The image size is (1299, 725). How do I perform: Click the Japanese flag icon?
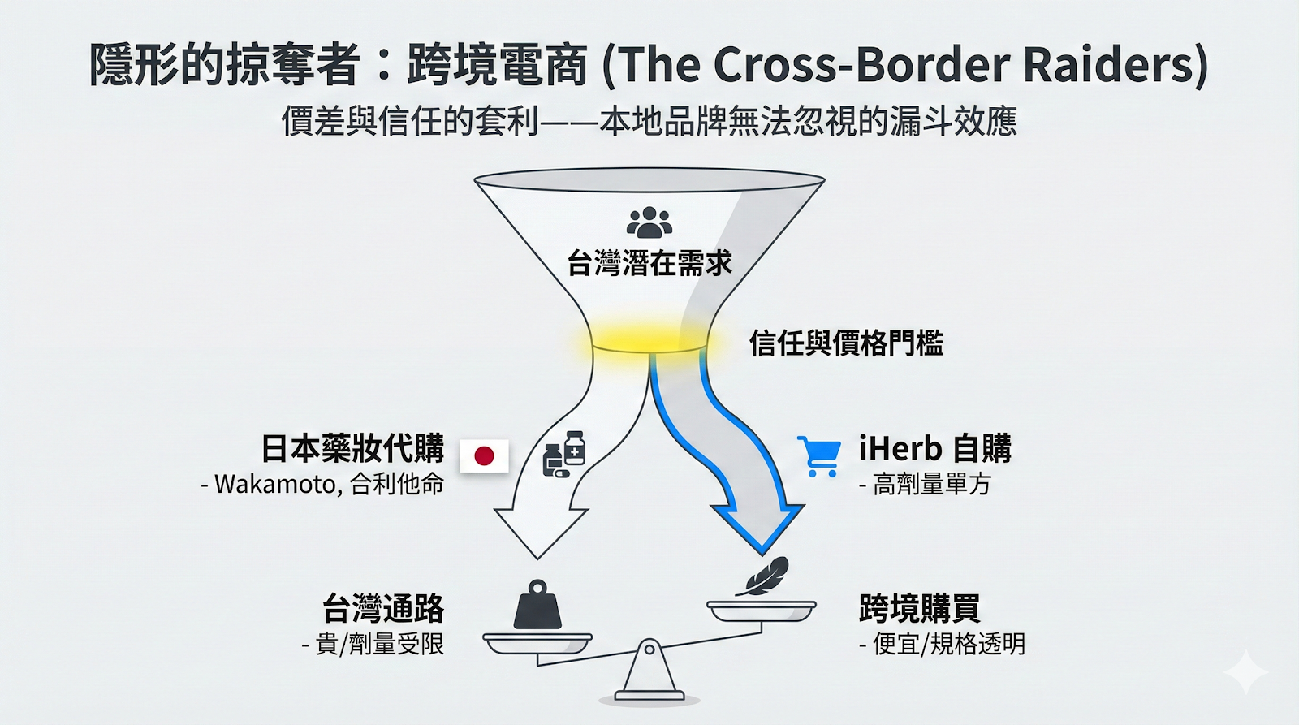(x=484, y=455)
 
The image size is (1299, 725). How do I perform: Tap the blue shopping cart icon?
(x=818, y=456)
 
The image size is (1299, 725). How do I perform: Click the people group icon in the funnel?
(x=649, y=222)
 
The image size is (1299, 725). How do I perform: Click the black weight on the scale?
(x=537, y=606)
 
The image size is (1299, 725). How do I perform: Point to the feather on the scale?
(x=762, y=576)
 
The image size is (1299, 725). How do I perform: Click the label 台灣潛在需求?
(x=649, y=263)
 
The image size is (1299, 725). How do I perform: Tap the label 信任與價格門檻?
(x=846, y=343)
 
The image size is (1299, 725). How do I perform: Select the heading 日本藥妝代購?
(x=352, y=448)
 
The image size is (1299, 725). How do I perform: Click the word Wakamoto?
(x=275, y=485)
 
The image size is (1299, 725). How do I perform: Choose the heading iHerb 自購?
(x=935, y=448)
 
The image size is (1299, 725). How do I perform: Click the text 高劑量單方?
(x=931, y=485)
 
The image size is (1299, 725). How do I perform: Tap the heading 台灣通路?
(x=383, y=608)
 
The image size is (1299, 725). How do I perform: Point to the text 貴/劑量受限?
(x=379, y=645)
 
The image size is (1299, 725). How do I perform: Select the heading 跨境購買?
(x=920, y=608)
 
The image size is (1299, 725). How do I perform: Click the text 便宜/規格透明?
(x=948, y=645)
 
